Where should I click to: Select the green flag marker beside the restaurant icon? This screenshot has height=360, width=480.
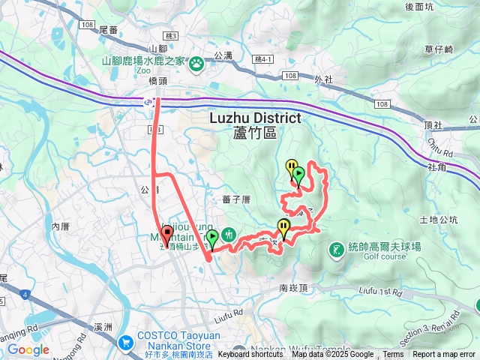pyautogui.click(x=213, y=238)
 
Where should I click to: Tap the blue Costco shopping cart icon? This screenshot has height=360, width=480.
pyautogui.click(x=124, y=341)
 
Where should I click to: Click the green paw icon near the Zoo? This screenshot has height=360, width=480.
pyautogui.click(x=196, y=63)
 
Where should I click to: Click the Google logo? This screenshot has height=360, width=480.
pyautogui.click(x=28, y=349)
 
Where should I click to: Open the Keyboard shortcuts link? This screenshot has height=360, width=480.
pyautogui.click(x=250, y=355)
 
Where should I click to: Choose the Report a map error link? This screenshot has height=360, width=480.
pyautogui.click(x=444, y=355)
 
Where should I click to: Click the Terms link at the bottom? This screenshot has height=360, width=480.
pyautogui.click(x=393, y=355)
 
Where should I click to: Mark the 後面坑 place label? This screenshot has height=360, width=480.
pyautogui.click(x=420, y=7)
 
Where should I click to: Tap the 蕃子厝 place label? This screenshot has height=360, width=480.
pyautogui.click(x=235, y=199)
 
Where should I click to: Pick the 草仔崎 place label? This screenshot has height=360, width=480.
pyautogui.click(x=439, y=49)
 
